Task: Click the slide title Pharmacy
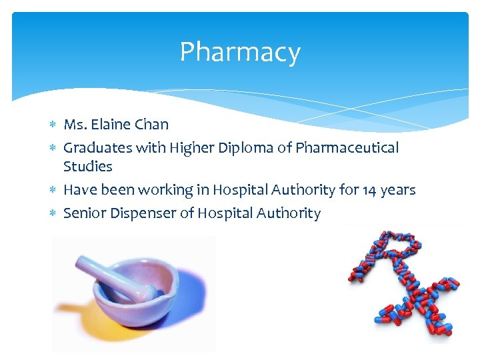coord(240,52)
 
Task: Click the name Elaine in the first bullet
coord(111,124)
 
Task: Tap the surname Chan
coord(152,124)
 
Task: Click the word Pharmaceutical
coord(347,147)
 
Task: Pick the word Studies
coord(87,167)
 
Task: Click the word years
coord(399,191)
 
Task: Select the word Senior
coord(84,213)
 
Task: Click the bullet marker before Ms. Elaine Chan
coord(53,125)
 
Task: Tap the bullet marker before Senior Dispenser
coord(53,214)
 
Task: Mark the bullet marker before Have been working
coord(53,191)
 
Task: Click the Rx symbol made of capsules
coord(403,283)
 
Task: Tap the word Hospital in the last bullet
coord(214,213)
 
